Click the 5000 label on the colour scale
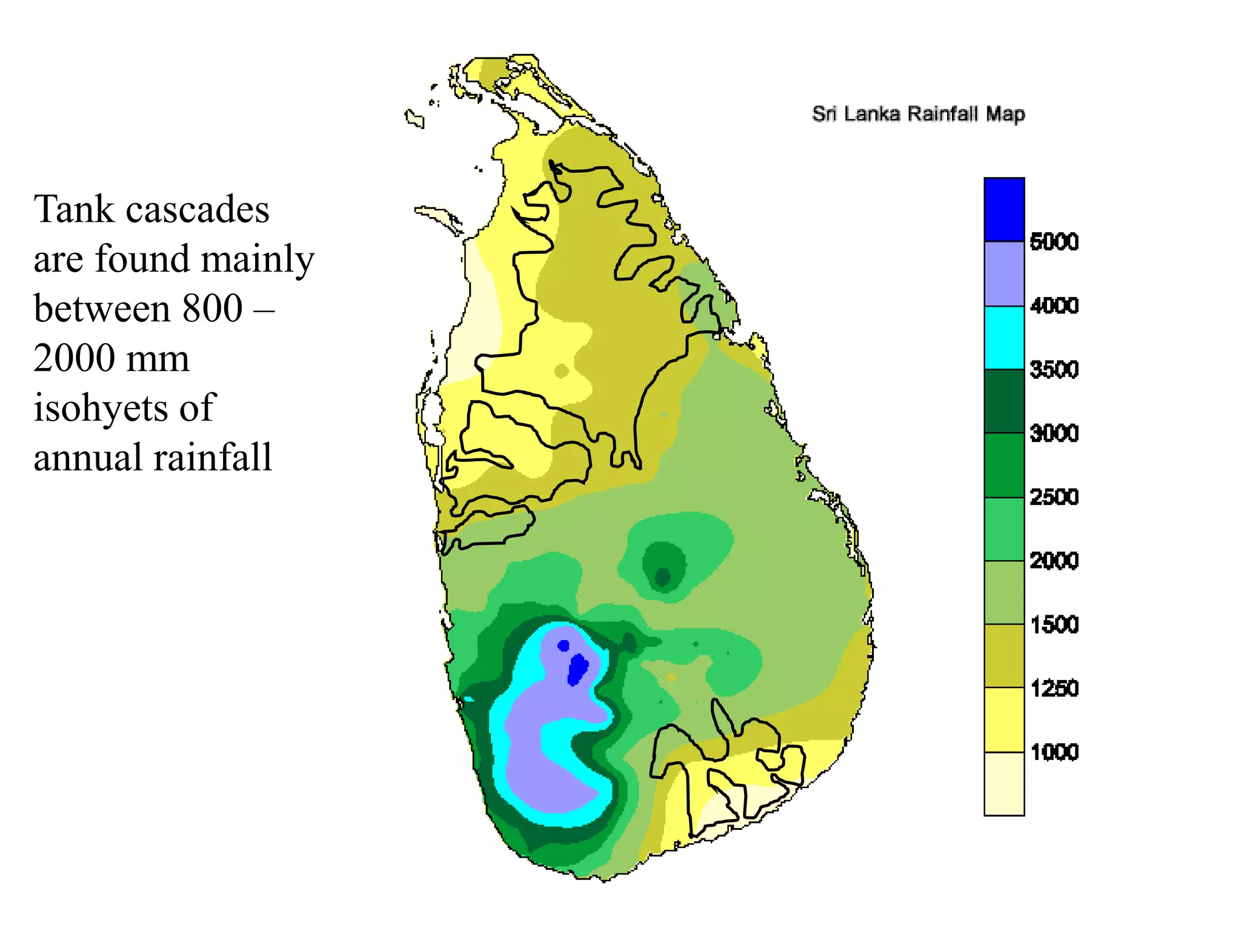(x=1054, y=241)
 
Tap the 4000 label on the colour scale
(x=1054, y=305)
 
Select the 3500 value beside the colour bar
(x=1054, y=369)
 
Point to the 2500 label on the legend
(x=1054, y=497)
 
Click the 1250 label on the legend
(x=1054, y=689)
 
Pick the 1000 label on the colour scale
(x=1054, y=752)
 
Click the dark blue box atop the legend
(x=1004, y=210)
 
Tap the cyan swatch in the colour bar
(x=1004, y=338)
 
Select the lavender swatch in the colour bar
(x=1004, y=274)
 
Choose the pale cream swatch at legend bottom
(x=1004, y=784)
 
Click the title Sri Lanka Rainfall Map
(x=918, y=114)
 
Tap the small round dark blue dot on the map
(x=564, y=646)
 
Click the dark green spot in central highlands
(x=662, y=576)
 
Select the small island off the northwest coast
(x=414, y=118)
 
